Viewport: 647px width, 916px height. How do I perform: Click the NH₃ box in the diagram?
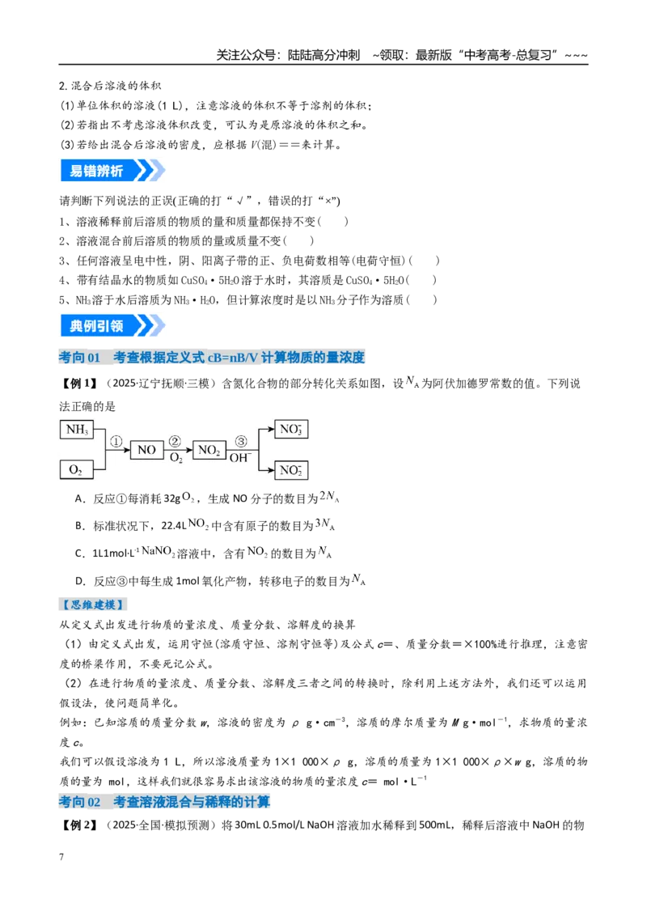[77, 430]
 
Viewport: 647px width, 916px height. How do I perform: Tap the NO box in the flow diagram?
[146, 449]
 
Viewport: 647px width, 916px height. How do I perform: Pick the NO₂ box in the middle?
[209, 450]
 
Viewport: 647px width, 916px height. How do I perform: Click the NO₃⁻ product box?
[291, 430]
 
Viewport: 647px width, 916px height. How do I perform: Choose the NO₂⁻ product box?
[291, 469]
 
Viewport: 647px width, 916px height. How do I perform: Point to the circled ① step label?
[116, 442]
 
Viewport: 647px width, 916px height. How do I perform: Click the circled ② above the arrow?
[175, 442]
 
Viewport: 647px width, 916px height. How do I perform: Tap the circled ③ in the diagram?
[240, 442]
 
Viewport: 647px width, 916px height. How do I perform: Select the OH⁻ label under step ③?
[240, 457]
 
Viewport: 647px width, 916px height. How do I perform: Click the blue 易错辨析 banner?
[112, 171]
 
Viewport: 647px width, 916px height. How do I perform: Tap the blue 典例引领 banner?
[112, 325]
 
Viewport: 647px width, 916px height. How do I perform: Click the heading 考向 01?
[79, 357]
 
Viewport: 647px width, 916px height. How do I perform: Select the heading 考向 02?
[79, 801]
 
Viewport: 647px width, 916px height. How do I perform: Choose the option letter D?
[80, 581]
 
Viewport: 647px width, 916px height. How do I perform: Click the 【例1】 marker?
[78, 384]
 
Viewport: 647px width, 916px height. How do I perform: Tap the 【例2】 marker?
[78, 825]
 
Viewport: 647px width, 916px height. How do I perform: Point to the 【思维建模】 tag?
[94, 604]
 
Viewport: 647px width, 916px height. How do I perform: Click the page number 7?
[61, 856]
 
